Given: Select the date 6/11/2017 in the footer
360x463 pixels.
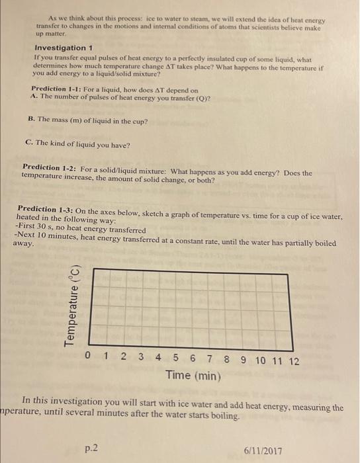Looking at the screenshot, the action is pos(262,450).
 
